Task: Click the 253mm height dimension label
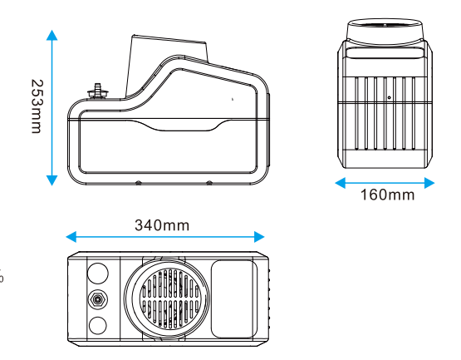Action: click(x=37, y=106)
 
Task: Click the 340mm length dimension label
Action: click(x=162, y=225)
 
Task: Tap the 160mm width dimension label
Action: click(x=388, y=195)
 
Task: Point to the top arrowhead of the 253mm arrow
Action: click(x=52, y=35)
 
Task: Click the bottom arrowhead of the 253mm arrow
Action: click(x=52, y=180)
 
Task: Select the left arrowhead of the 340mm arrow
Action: click(x=71, y=237)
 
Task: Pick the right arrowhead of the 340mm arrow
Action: click(x=259, y=237)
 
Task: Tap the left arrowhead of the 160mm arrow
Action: click(x=341, y=183)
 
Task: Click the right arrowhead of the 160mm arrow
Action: click(x=429, y=183)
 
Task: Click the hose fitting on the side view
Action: click(x=98, y=91)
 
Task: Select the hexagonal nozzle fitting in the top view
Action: click(x=97, y=299)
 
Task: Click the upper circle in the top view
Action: click(x=98, y=274)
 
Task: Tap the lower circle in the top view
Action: click(x=98, y=326)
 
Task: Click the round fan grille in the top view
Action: click(x=169, y=298)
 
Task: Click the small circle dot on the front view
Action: click(x=389, y=98)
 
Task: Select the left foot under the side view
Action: click(x=139, y=183)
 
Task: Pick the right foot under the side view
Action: click(x=209, y=183)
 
